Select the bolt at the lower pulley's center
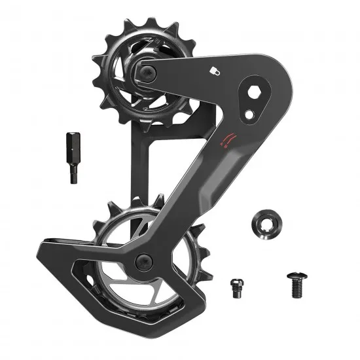[x=143, y=261]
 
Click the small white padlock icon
[x=213, y=69]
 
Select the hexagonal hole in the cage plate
[x=256, y=93]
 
